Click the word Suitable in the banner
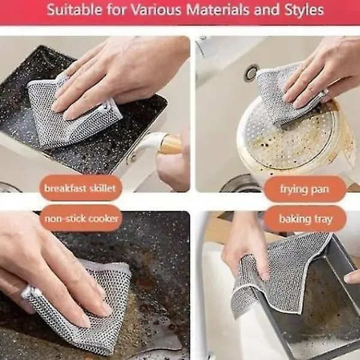tap(74, 10)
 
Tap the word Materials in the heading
tap(218, 10)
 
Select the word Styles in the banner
tap(304, 10)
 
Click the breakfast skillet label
tap(80, 188)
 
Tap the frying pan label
tap(305, 190)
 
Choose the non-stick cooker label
tap(82, 218)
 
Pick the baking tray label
tap(305, 219)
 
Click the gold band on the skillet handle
tap(171, 144)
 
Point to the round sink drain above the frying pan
tap(251, 73)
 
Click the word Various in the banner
tap(156, 10)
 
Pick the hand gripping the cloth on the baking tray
tap(245, 248)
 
